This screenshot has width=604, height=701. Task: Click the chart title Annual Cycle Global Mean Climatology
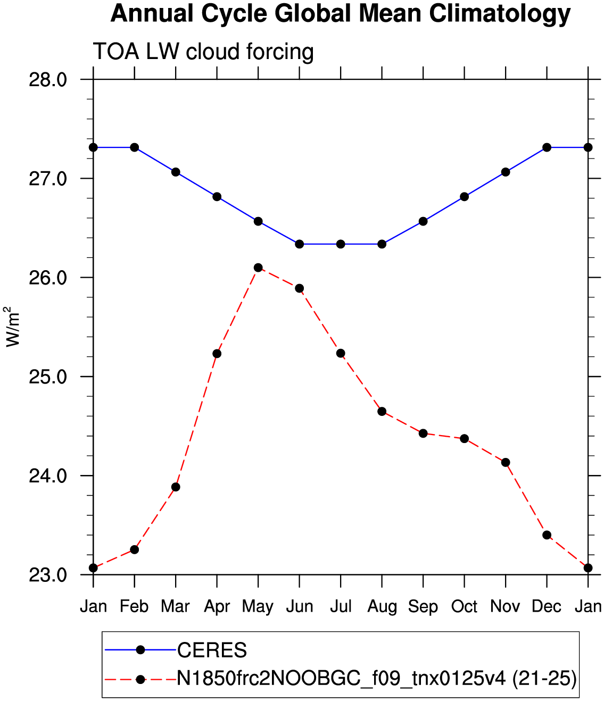(x=341, y=14)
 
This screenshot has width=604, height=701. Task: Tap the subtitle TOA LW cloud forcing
(x=203, y=52)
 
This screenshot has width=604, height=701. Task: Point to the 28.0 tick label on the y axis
(x=48, y=80)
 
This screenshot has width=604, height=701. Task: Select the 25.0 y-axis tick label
(x=48, y=377)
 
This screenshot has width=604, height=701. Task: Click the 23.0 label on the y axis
(x=48, y=575)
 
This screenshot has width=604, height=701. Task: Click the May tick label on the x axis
(x=258, y=607)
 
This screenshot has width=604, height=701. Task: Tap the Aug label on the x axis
(x=382, y=607)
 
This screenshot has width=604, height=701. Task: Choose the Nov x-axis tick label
(x=505, y=606)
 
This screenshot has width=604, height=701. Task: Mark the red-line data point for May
(x=258, y=268)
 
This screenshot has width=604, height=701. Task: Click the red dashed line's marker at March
(x=176, y=487)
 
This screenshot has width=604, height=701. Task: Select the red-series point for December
(x=547, y=535)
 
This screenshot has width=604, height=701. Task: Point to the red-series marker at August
(x=382, y=411)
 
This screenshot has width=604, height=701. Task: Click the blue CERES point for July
(x=341, y=244)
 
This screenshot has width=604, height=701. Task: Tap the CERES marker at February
(x=135, y=147)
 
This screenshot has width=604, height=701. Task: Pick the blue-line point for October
(x=464, y=197)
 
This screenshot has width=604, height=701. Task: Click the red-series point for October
(x=464, y=439)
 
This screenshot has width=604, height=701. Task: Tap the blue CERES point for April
(x=217, y=197)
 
